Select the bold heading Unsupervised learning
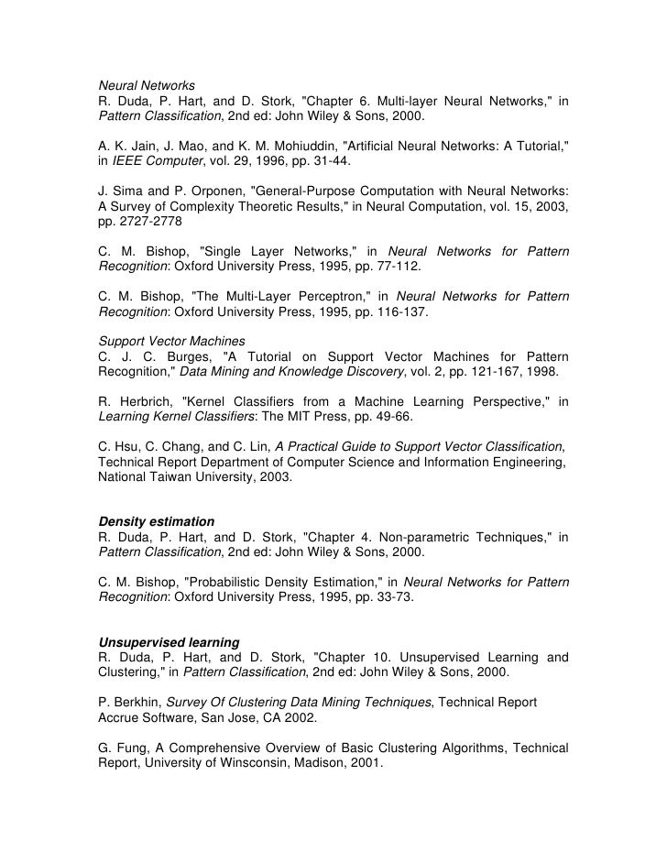(x=169, y=642)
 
